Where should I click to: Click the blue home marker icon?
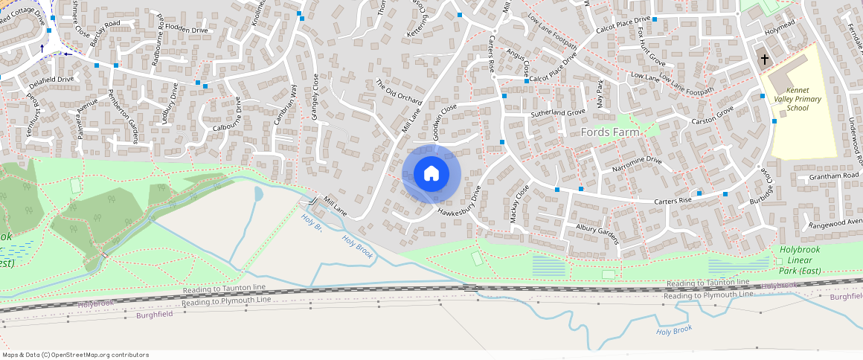point(431,174)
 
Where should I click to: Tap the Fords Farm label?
point(609,132)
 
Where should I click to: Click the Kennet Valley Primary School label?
point(787,98)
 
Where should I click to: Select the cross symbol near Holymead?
point(764,59)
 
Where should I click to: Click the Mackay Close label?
point(519,203)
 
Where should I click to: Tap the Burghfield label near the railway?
point(155,315)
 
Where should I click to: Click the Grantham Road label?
point(834,176)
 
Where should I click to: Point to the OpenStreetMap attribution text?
point(75,355)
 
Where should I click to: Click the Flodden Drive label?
point(187,30)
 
